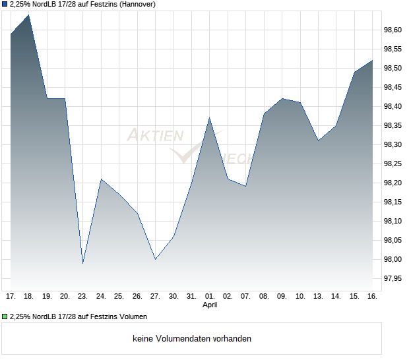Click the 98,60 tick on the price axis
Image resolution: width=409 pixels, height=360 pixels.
[x=393, y=30]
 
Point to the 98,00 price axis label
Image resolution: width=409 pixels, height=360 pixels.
[x=393, y=259]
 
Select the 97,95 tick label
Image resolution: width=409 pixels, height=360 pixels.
[x=393, y=278]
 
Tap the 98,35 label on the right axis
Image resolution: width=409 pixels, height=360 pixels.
[x=393, y=125]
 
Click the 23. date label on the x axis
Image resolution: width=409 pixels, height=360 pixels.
[x=82, y=297]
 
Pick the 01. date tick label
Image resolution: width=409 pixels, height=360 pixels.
[x=209, y=297]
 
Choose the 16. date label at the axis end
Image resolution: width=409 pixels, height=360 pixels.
[x=372, y=297]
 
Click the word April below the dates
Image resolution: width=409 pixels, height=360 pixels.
[x=209, y=305]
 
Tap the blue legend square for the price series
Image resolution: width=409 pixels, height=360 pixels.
[x=5, y=4]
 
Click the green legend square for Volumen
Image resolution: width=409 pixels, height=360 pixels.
[x=5, y=317]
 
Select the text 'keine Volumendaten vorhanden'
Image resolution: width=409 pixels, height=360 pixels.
[x=192, y=339]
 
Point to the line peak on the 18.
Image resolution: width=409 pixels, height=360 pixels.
[x=28, y=15]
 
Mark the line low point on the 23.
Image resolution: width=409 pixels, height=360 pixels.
[x=82, y=263]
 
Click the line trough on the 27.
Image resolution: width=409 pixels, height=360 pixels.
[x=155, y=259]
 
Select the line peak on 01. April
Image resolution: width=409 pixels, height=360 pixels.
[x=209, y=118]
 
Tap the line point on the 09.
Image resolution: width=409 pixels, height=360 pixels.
[x=282, y=98]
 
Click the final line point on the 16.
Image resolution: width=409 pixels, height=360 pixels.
[x=372, y=61]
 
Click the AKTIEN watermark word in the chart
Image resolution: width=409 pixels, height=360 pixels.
[x=155, y=136]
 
